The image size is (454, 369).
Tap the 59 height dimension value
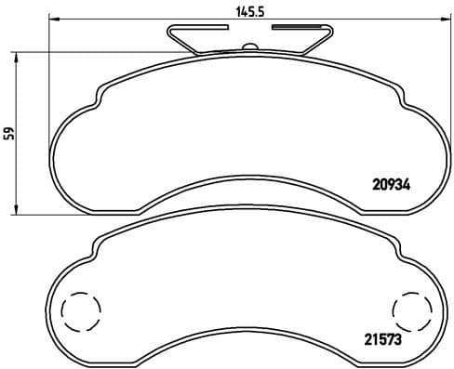click(x=11, y=133)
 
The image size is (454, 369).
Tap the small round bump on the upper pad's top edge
click(x=248, y=48)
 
